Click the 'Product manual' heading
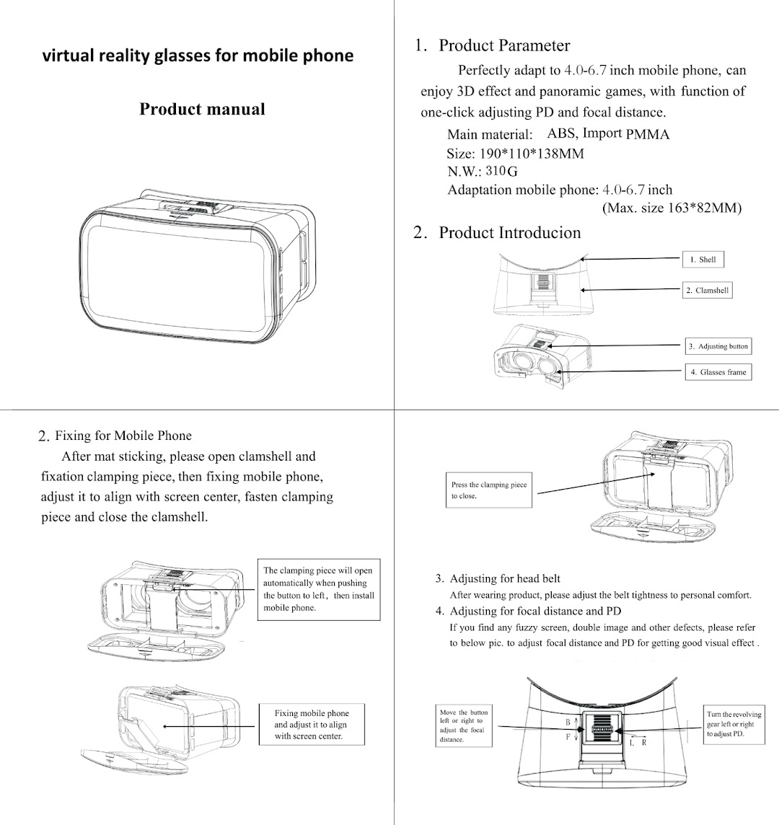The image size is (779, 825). (x=202, y=110)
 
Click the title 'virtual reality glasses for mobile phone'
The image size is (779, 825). (x=198, y=56)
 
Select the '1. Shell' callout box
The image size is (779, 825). (x=703, y=260)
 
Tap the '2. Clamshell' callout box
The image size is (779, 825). (x=707, y=291)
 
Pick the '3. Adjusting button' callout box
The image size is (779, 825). (x=718, y=346)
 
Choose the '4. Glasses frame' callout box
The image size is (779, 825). (x=718, y=372)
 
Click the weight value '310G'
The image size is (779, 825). (x=501, y=172)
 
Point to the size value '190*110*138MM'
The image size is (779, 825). (x=532, y=153)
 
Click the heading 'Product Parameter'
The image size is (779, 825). (x=504, y=45)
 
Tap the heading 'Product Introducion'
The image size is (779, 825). (x=509, y=232)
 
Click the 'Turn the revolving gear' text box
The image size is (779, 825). (x=734, y=723)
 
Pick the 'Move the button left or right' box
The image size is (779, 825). (x=465, y=725)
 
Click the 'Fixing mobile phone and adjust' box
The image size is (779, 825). (x=310, y=725)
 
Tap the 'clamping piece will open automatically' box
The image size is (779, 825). (x=318, y=588)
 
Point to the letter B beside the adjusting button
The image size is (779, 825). (x=568, y=722)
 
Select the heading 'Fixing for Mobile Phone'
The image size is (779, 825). (x=123, y=436)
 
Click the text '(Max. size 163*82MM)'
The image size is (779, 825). (x=672, y=208)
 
